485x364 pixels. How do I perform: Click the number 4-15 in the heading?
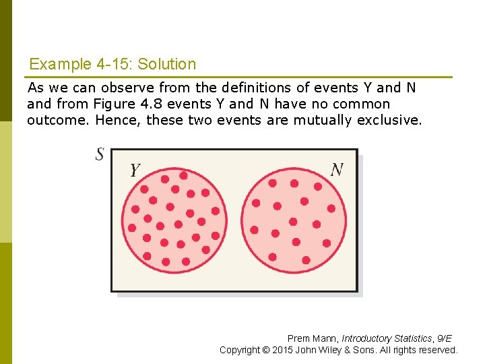click(113, 65)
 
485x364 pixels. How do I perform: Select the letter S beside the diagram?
click(100, 154)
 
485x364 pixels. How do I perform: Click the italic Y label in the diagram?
click(135, 171)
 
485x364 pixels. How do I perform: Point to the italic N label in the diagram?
click(337, 169)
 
